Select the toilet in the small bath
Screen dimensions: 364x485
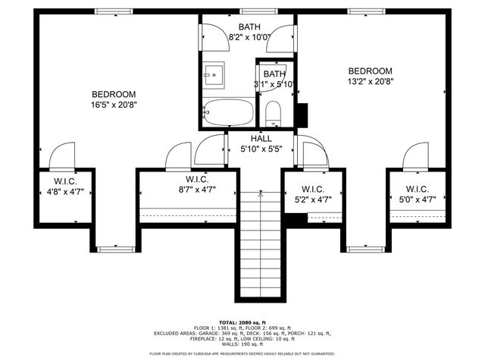(274, 115)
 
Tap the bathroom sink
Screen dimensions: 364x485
(213, 74)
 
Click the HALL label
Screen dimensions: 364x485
(261, 139)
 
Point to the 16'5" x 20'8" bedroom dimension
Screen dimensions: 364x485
(114, 106)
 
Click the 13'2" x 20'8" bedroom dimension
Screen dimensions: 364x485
(371, 83)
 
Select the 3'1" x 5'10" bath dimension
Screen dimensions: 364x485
(274, 84)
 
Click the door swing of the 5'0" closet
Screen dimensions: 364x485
(417, 156)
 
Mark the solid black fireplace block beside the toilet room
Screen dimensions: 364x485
(302, 114)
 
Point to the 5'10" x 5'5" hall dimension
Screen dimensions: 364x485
(261, 149)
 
